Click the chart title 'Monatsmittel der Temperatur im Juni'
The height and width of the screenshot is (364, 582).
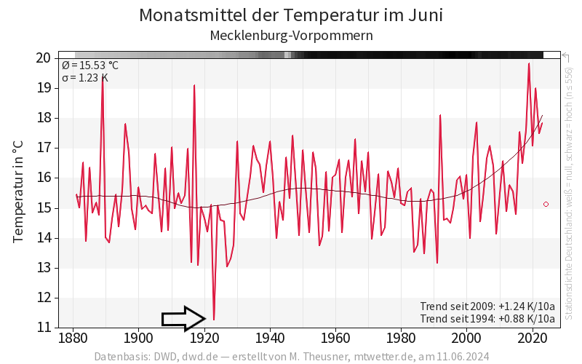291,15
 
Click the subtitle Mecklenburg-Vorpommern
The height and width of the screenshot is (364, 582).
291,35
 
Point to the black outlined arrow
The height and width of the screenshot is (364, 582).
183,318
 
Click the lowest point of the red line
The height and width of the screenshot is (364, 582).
214,319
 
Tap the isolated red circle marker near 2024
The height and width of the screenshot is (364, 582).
546,205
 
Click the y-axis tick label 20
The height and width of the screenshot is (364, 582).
43,58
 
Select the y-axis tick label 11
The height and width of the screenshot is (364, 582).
43,328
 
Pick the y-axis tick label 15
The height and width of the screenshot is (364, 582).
43,207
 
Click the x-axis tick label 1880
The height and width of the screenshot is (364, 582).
73,338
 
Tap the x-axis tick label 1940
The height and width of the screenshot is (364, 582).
270,338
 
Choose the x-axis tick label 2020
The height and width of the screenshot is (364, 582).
533,338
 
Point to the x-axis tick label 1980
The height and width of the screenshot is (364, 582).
401,338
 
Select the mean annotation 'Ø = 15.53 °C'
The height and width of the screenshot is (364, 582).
90,66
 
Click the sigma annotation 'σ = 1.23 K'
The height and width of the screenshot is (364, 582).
85,77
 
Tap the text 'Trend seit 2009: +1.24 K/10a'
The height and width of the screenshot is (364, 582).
487,306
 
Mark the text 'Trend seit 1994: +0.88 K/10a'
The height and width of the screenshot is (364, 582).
487,318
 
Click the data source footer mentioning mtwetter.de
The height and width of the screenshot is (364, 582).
291,357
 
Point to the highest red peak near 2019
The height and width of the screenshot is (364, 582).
529,64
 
